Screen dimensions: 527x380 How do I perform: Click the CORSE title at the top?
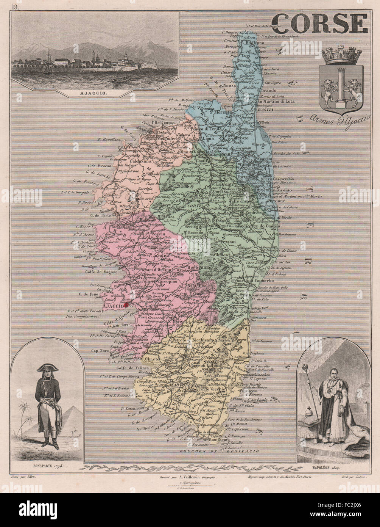[320, 24]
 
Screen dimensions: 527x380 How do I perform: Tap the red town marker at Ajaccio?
[126, 304]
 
